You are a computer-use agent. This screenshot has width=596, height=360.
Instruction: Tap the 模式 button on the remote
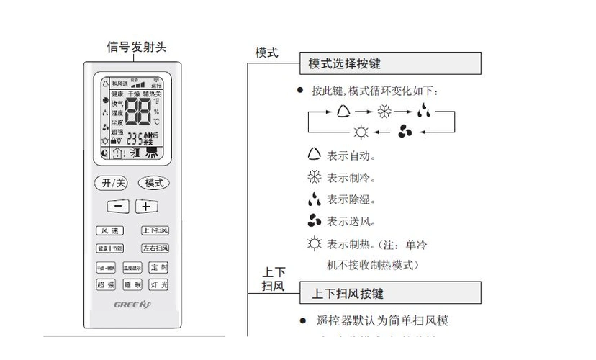(154, 183)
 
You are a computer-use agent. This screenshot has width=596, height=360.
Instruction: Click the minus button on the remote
(118, 207)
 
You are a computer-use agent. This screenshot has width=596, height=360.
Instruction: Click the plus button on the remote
(146, 207)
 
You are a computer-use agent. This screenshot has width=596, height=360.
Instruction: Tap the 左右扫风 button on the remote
(155, 248)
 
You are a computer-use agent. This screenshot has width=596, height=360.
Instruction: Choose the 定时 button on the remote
(159, 267)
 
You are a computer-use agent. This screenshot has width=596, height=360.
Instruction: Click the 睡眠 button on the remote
(132, 285)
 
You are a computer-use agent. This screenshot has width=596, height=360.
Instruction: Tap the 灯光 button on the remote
(159, 285)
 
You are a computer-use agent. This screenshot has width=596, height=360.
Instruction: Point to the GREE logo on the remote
(132, 305)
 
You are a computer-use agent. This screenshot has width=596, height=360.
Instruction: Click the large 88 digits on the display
(137, 112)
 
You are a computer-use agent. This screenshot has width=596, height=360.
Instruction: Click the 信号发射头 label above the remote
(137, 48)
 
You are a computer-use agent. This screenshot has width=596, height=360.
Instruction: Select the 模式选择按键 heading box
(390, 64)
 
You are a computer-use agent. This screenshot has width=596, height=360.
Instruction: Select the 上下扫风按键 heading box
(390, 294)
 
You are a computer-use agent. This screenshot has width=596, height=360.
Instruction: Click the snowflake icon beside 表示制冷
(314, 177)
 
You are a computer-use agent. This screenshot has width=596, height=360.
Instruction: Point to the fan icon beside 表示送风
(314, 221)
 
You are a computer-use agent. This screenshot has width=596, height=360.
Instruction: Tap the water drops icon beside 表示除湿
(314, 199)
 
